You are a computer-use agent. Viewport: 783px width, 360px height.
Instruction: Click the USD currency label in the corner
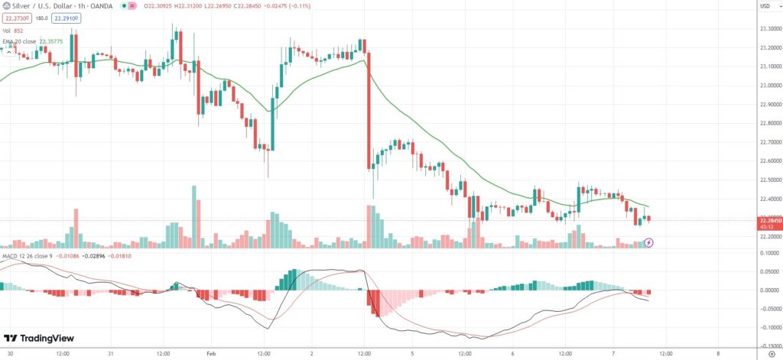click(x=764, y=7)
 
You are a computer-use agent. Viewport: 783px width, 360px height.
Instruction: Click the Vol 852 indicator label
click(x=12, y=30)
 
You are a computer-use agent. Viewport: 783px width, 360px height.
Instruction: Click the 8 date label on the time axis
click(x=718, y=354)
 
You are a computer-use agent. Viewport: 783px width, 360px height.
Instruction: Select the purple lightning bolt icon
click(x=649, y=242)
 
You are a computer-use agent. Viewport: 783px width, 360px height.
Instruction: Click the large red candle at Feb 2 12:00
click(x=368, y=115)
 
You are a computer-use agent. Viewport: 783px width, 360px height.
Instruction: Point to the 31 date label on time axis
click(x=111, y=354)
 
